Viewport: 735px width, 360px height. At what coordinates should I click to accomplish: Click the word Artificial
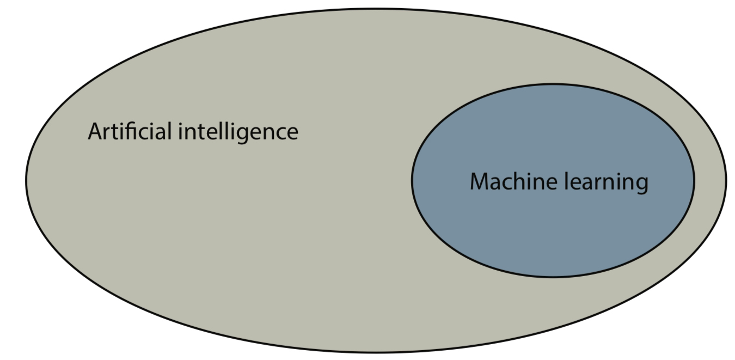131,131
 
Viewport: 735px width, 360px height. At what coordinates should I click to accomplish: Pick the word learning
606,182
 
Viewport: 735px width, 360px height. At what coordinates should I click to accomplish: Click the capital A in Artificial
96,132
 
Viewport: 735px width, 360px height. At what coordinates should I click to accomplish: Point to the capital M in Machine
481,181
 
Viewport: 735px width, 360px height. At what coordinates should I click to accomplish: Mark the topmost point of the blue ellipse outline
553,84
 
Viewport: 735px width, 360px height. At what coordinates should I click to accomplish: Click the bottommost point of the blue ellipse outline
553,277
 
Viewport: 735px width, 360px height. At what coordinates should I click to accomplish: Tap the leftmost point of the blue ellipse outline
412,180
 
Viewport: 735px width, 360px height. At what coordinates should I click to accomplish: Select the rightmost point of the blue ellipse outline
694,180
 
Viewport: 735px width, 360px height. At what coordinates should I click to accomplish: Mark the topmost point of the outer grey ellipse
376,8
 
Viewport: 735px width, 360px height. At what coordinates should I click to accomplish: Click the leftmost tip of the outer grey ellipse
26,180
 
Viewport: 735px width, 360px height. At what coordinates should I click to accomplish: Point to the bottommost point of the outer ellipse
376,353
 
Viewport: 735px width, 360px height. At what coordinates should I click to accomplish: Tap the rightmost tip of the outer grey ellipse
726,180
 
